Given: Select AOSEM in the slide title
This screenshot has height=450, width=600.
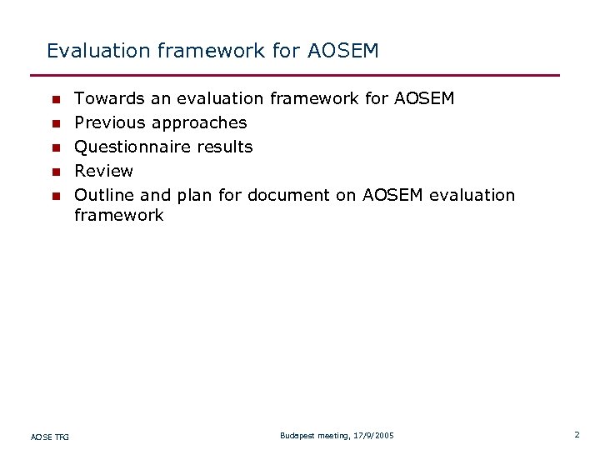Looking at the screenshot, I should click(342, 52).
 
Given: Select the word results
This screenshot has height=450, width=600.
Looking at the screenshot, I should click(225, 147).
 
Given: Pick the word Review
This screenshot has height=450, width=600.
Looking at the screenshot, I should click(103, 172).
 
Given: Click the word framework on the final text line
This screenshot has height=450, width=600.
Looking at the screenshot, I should click(118, 216).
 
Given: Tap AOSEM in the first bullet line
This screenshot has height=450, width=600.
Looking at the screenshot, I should click(423, 99).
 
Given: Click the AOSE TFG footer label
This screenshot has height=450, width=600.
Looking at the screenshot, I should click(50, 437).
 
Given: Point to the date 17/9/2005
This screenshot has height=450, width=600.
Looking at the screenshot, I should click(374, 436).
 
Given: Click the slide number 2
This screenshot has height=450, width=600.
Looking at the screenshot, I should click(576, 435).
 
